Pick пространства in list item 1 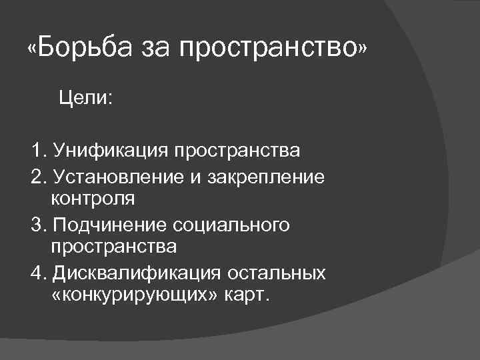(x=237, y=151)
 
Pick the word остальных (x=277, y=273)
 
